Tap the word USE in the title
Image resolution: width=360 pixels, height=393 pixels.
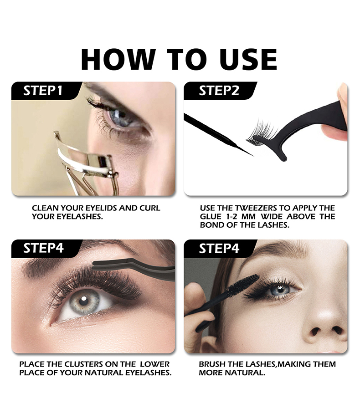click(248, 59)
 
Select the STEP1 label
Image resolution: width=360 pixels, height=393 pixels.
click(43, 91)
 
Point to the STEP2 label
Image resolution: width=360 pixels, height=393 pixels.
click(219, 91)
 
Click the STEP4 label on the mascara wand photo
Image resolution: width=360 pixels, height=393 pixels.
click(219, 248)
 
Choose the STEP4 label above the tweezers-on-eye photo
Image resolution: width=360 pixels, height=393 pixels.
click(43, 248)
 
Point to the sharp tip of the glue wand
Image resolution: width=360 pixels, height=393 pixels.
click(253, 156)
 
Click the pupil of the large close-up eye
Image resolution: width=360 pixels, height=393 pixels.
click(83, 301)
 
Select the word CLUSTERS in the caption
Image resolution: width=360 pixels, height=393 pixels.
click(84, 364)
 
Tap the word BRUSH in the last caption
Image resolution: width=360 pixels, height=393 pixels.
click(210, 364)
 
